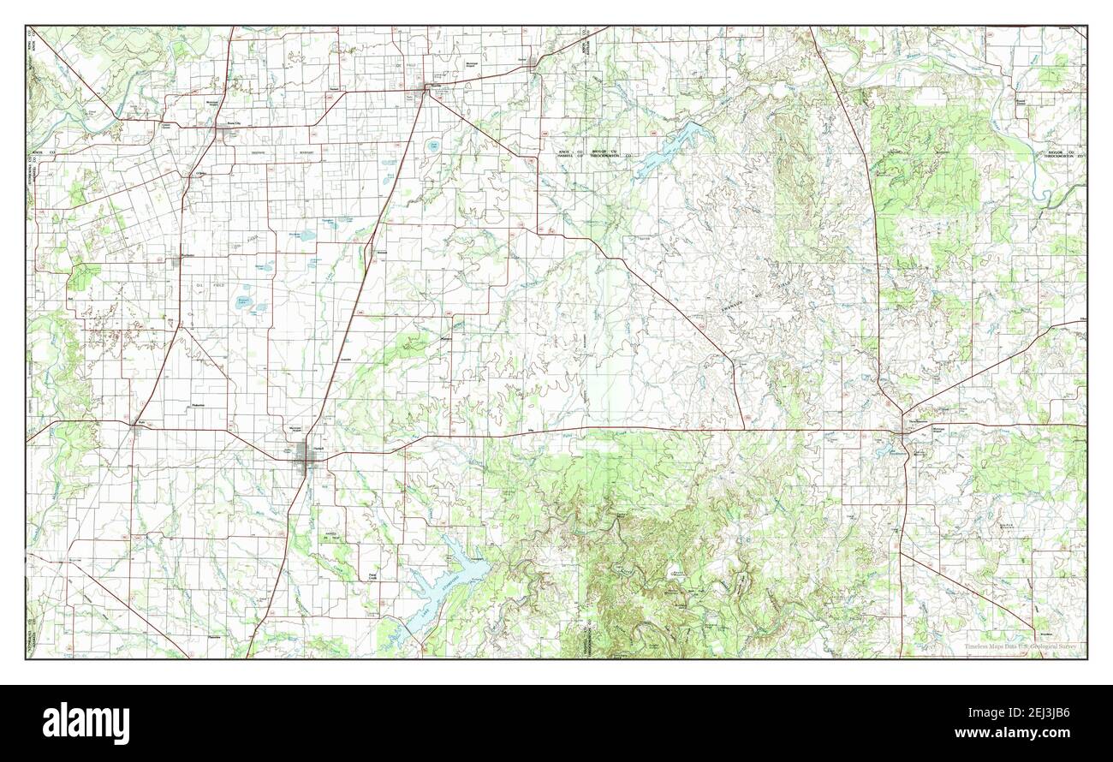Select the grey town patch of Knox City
coord(227,131)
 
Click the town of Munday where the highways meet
coord(426,88)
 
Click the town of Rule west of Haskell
coord(138,426)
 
